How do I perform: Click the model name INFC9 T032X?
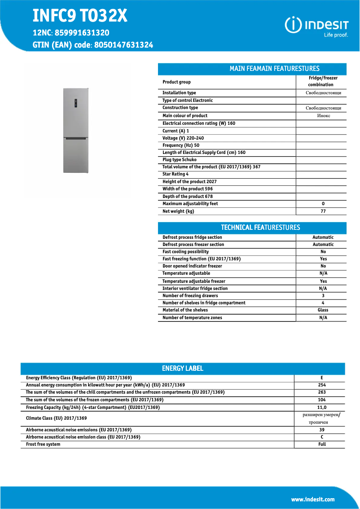pyautogui.click(x=80, y=17)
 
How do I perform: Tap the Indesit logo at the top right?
pyautogui.click(x=316, y=26)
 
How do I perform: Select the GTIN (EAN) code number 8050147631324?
pyautogui.click(x=123, y=45)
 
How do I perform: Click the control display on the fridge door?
pyautogui.click(x=76, y=103)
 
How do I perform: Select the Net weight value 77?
pyautogui.click(x=323, y=211)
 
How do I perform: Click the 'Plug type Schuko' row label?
pyautogui.click(x=180, y=160)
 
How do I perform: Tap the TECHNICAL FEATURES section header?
pyautogui.click(x=260, y=228)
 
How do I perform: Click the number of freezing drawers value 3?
pyautogui.click(x=323, y=296)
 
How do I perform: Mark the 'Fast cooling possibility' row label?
pyautogui.click(x=185, y=252)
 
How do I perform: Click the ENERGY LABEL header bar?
pyautogui.click(x=182, y=369)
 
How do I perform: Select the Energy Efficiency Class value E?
pyautogui.click(x=322, y=378)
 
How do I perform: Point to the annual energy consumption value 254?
pyautogui.click(x=321, y=385)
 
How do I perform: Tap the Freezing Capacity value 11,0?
pyautogui.click(x=322, y=407)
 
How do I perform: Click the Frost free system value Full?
pyautogui.click(x=322, y=444)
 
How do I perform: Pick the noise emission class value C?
pyautogui.click(x=322, y=437)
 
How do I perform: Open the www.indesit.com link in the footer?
pyautogui.click(x=312, y=499)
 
